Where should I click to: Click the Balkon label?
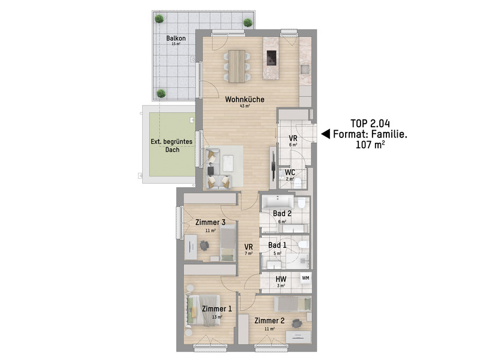(x=176, y=38)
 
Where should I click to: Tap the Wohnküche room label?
(x=245, y=99)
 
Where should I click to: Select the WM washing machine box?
(x=305, y=278)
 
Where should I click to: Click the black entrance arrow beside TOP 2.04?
(x=325, y=134)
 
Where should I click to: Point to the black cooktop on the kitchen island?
(x=271, y=58)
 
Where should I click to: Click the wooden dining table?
(x=236, y=67)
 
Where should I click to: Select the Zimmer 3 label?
(x=211, y=222)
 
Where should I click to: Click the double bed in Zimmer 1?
(x=203, y=310)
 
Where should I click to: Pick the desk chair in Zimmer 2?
(x=296, y=323)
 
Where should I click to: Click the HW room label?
(x=281, y=279)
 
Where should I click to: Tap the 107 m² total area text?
(x=370, y=144)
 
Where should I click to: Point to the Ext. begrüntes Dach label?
(x=172, y=145)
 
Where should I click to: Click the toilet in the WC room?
(x=297, y=183)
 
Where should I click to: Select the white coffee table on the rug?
(x=228, y=163)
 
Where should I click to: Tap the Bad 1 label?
(x=277, y=245)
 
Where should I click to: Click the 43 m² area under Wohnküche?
(x=245, y=106)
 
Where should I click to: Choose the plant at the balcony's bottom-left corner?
(x=161, y=94)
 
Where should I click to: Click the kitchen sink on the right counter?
(x=305, y=70)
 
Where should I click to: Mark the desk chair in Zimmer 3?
(x=204, y=245)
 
